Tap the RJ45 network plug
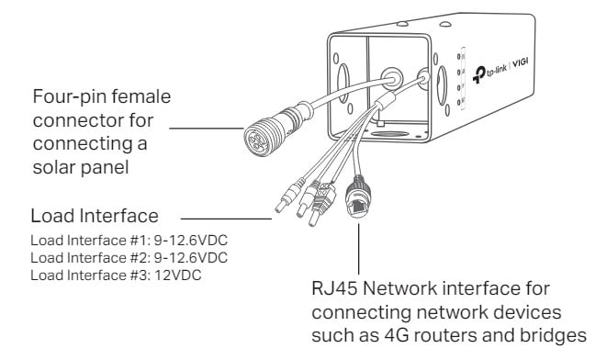pos(358,197)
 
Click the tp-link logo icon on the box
pos(478,74)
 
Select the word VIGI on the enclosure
pos(521,62)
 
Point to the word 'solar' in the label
pos(54,167)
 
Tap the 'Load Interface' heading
pos(95,216)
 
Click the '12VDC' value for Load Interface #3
pos(178,276)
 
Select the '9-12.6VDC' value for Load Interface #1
pos(191,241)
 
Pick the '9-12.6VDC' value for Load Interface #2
pos(191,258)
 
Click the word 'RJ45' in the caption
pos(334,288)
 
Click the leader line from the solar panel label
pos(207,129)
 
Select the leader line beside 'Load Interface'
pos(227,219)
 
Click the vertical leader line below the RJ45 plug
pos(359,249)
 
